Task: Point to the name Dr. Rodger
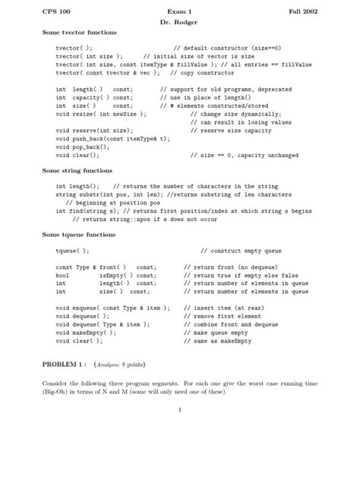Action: [x=179, y=22]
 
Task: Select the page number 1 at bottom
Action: [x=180, y=411]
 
